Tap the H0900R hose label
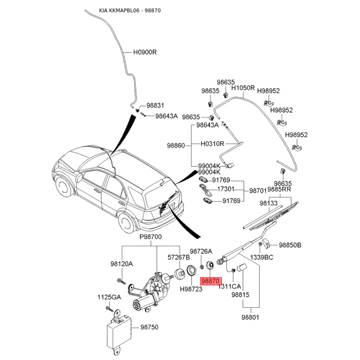pos(144,52)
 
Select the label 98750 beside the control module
pos(149,328)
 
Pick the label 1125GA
pos(109,297)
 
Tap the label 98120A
pos(122,264)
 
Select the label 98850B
pos(290,245)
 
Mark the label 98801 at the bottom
pos(251,317)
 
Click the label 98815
pos(240,295)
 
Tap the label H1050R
pos(243,88)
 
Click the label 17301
pos(226,189)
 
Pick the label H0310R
pos(212,144)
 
